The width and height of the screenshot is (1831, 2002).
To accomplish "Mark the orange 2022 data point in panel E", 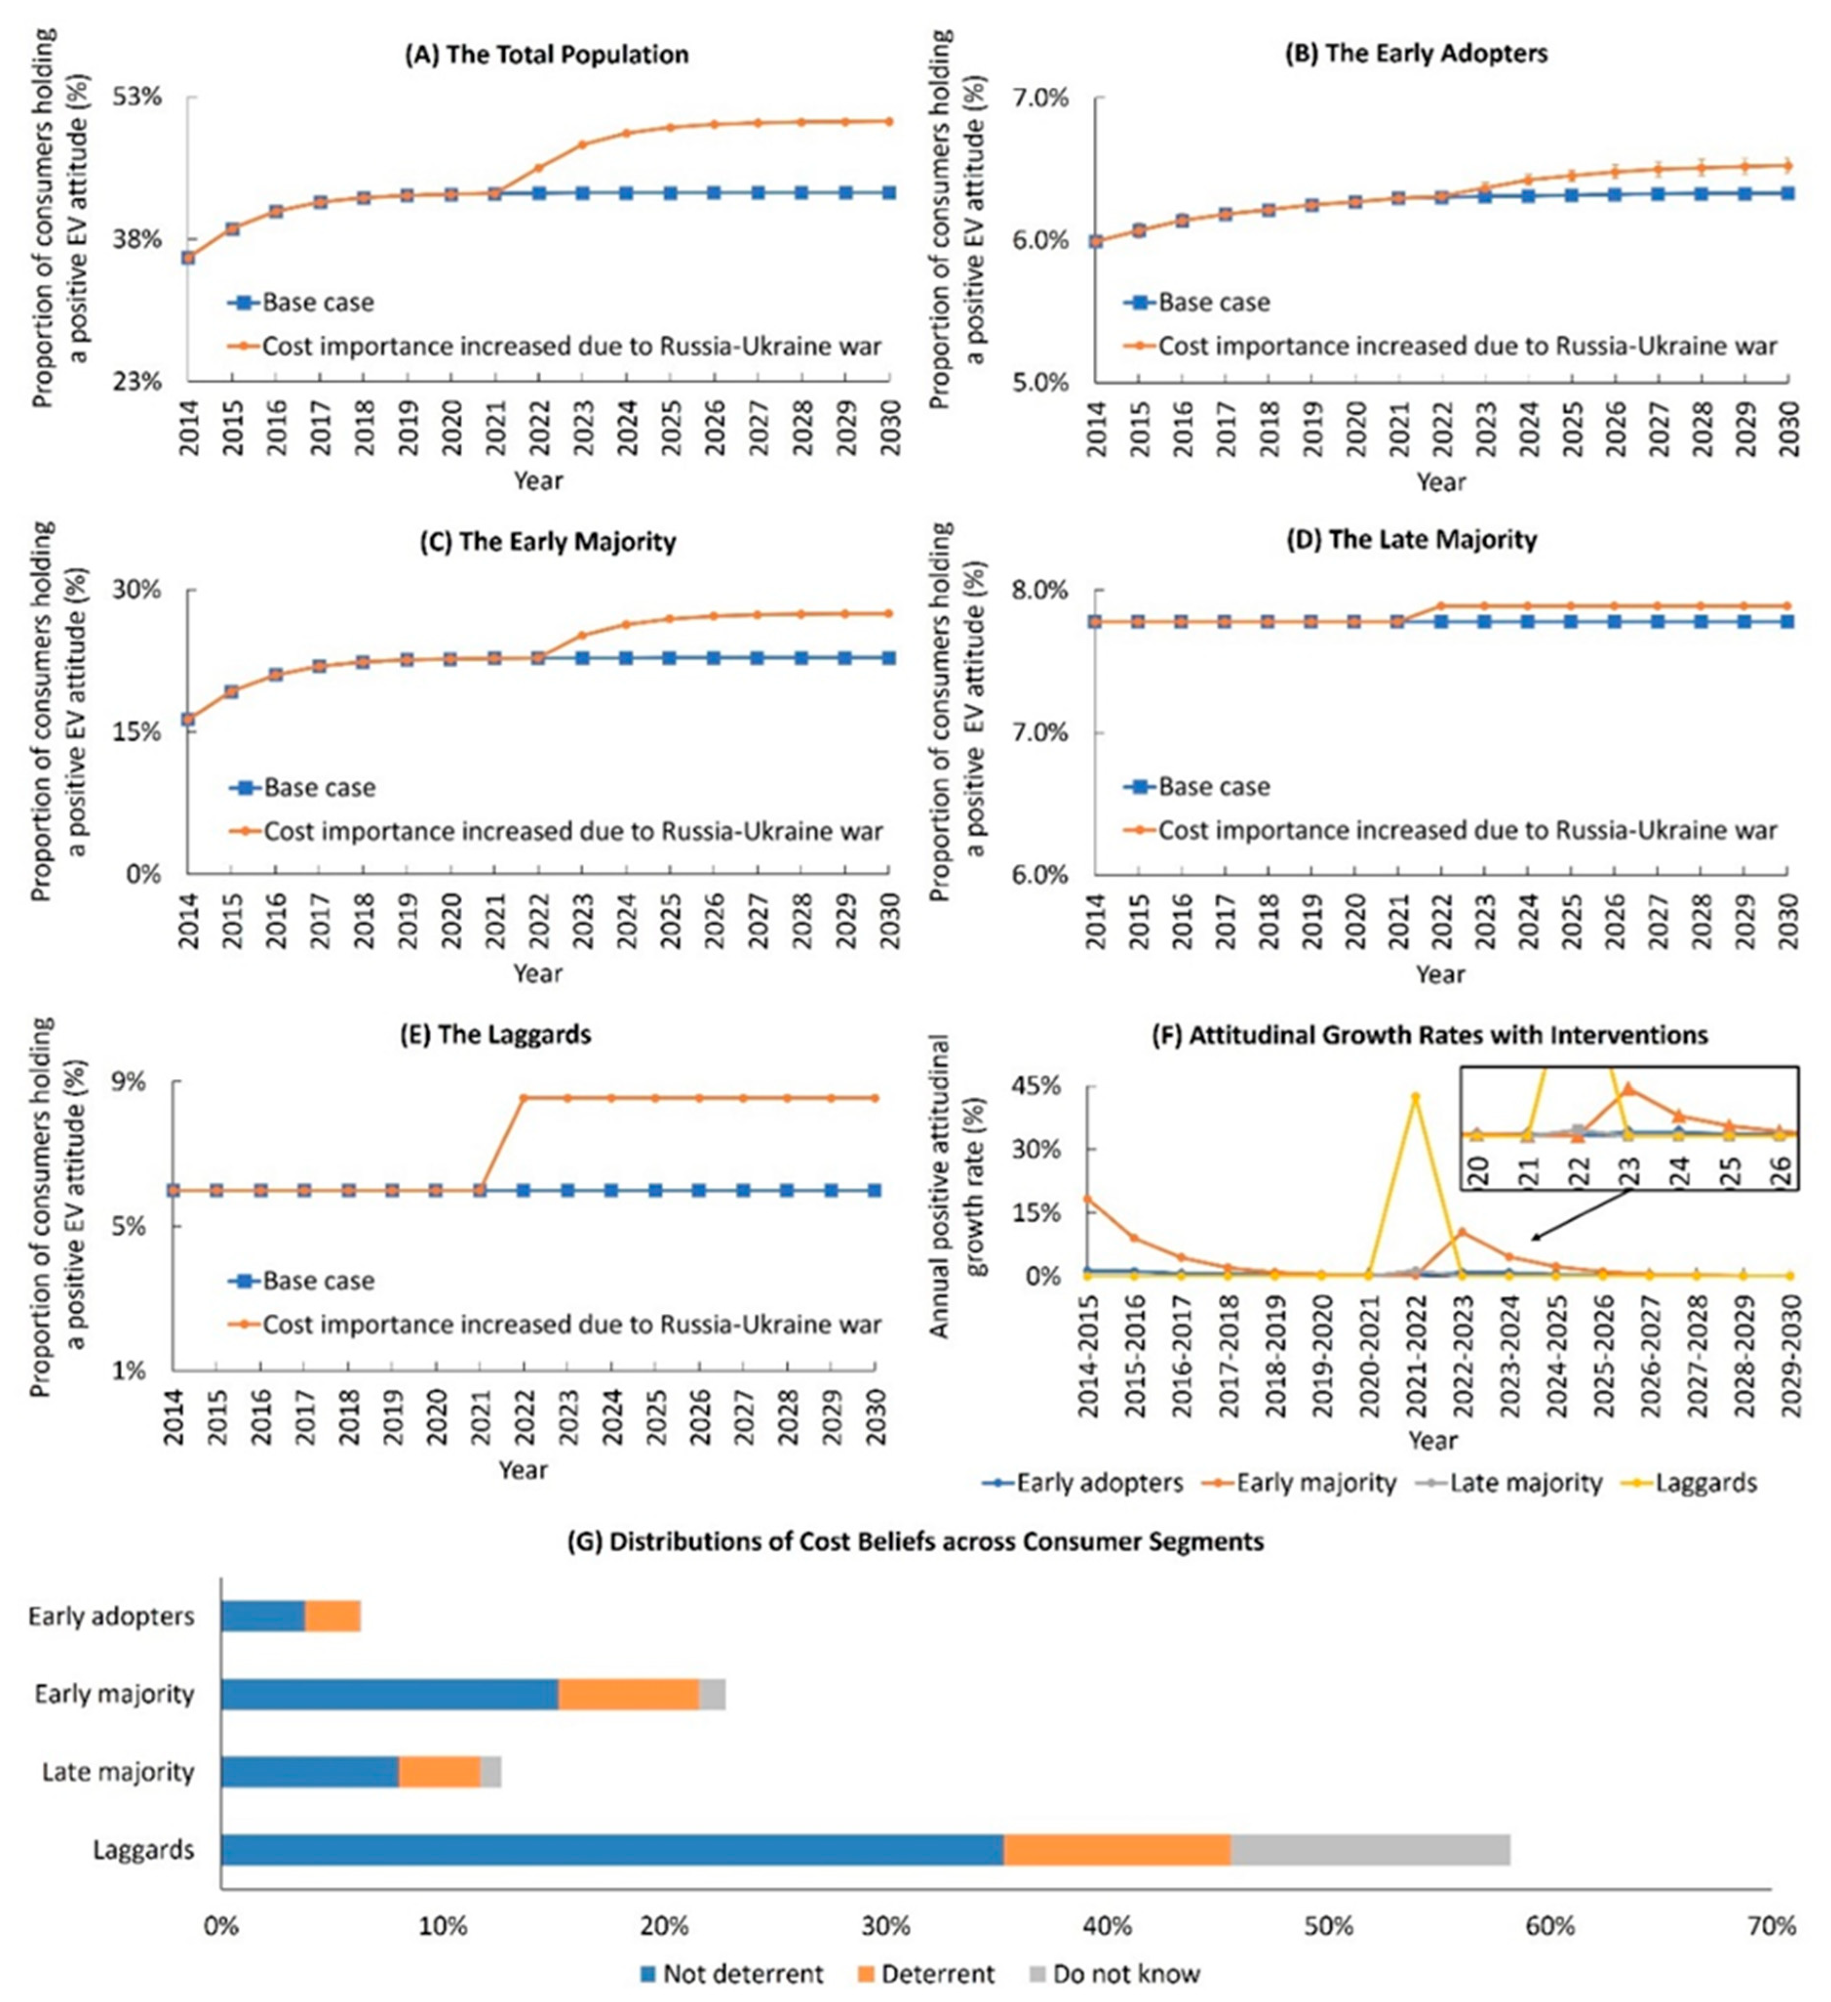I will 523,1097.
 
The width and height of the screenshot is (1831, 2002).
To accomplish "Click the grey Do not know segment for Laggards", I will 1370,1850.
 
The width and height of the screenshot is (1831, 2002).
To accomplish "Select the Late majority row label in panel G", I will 117,1771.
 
